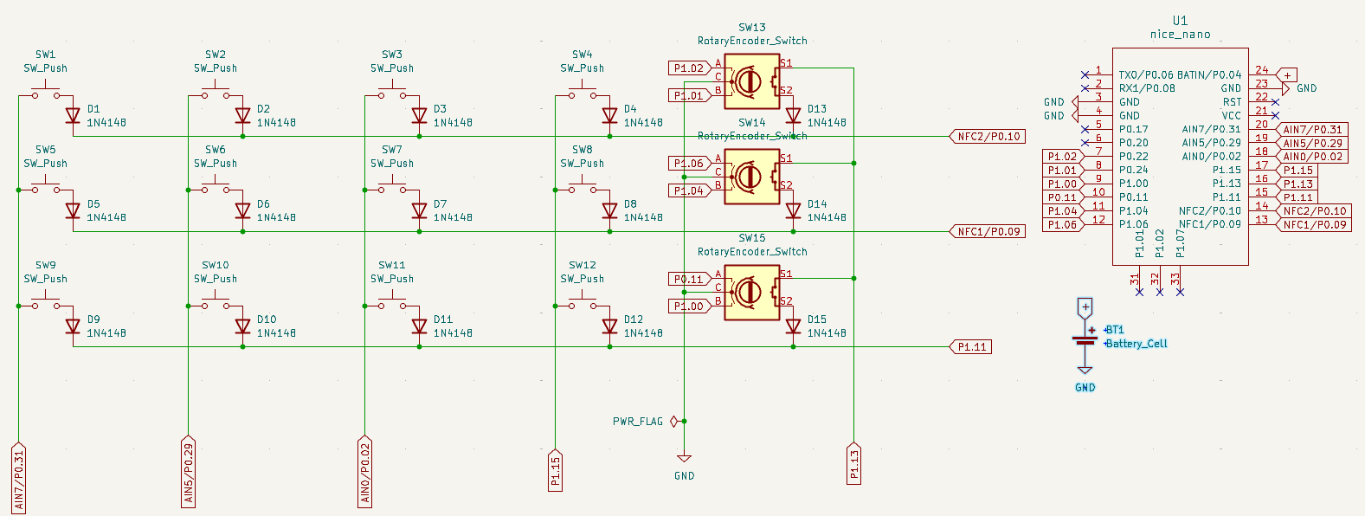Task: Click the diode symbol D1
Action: (x=73, y=115)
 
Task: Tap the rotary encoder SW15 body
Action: (x=751, y=292)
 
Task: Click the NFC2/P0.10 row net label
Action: (x=988, y=137)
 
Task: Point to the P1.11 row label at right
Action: (x=971, y=347)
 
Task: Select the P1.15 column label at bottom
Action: (x=556, y=470)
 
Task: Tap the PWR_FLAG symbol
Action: (x=673, y=422)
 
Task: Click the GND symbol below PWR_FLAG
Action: (x=684, y=459)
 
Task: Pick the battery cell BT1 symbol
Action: (x=1085, y=340)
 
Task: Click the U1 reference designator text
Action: (x=1180, y=21)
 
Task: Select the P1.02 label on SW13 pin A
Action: (x=689, y=68)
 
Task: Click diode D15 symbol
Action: (x=793, y=326)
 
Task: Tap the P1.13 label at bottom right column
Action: (x=853, y=463)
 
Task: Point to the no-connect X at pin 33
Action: (x=1180, y=293)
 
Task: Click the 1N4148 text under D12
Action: (x=643, y=333)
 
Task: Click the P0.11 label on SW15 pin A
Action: (x=689, y=279)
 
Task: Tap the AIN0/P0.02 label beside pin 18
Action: (x=1312, y=157)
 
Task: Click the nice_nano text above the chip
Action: (x=1180, y=35)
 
